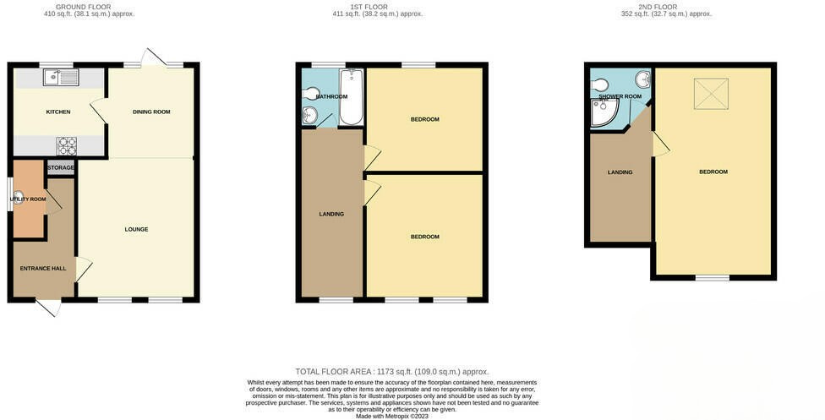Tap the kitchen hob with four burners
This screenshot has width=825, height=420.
[66, 145]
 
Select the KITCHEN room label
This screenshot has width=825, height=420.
[58, 112]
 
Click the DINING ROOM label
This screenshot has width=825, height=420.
[151, 112]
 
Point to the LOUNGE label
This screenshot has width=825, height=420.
[136, 229]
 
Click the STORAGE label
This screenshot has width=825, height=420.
[61, 167]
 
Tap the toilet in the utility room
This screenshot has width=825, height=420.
[18, 197]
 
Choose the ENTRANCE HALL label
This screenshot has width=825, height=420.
[43, 269]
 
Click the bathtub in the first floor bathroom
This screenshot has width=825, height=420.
[351, 97]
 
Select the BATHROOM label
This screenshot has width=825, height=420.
[331, 96]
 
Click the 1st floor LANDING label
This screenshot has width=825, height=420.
[331, 214]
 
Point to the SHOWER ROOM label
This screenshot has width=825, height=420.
[620, 96]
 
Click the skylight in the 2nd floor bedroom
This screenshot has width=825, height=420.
[711, 93]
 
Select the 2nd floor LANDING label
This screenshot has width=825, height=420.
[620, 172]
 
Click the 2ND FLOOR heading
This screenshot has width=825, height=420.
[658, 7]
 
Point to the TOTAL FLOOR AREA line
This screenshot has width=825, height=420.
[392, 372]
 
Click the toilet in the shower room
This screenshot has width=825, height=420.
[601, 85]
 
